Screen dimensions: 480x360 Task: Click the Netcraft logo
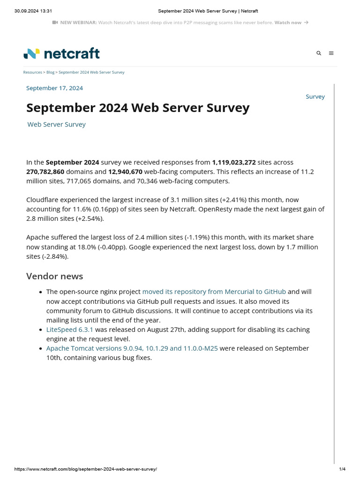(x=61, y=53)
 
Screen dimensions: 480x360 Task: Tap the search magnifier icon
(x=319, y=53)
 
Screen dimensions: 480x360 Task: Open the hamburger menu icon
(x=331, y=53)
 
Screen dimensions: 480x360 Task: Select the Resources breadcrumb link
(x=32, y=73)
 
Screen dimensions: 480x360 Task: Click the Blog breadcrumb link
(x=50, y=73)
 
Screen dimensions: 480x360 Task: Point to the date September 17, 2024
(x=54, y=88)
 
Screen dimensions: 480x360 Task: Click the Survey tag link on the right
(x=315, y=97)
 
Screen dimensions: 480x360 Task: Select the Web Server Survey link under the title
(x=56, y=125)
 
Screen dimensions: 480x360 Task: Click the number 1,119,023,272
(x=234, y=162)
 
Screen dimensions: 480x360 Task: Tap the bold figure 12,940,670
(x=125, y=172)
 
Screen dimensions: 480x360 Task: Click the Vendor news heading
(x=54, y=276)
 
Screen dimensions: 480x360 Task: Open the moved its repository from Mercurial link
(x=214, y=292)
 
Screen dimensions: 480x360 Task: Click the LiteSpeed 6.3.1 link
(x=69, y=330)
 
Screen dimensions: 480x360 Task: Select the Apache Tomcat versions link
(x=132, y=348)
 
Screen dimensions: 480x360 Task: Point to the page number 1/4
(x=342, y=469)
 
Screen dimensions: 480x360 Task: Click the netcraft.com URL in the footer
(x=86, y=469)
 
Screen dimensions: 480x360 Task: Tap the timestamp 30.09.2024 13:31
(x=33, y=11)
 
